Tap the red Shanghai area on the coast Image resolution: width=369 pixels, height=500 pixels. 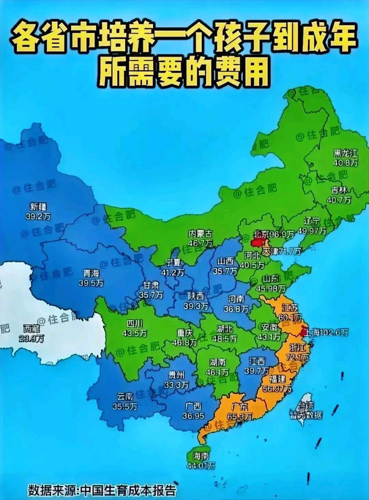point(304,331)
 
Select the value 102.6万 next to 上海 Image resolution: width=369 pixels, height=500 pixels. point(335,332)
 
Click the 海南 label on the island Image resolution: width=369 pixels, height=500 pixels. point(201,456)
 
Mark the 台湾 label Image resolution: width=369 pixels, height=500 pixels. point(306,407)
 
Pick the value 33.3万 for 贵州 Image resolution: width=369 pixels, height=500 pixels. point(176,384)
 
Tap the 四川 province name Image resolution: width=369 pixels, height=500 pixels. point(134,323)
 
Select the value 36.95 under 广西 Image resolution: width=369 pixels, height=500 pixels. point(193,416)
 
